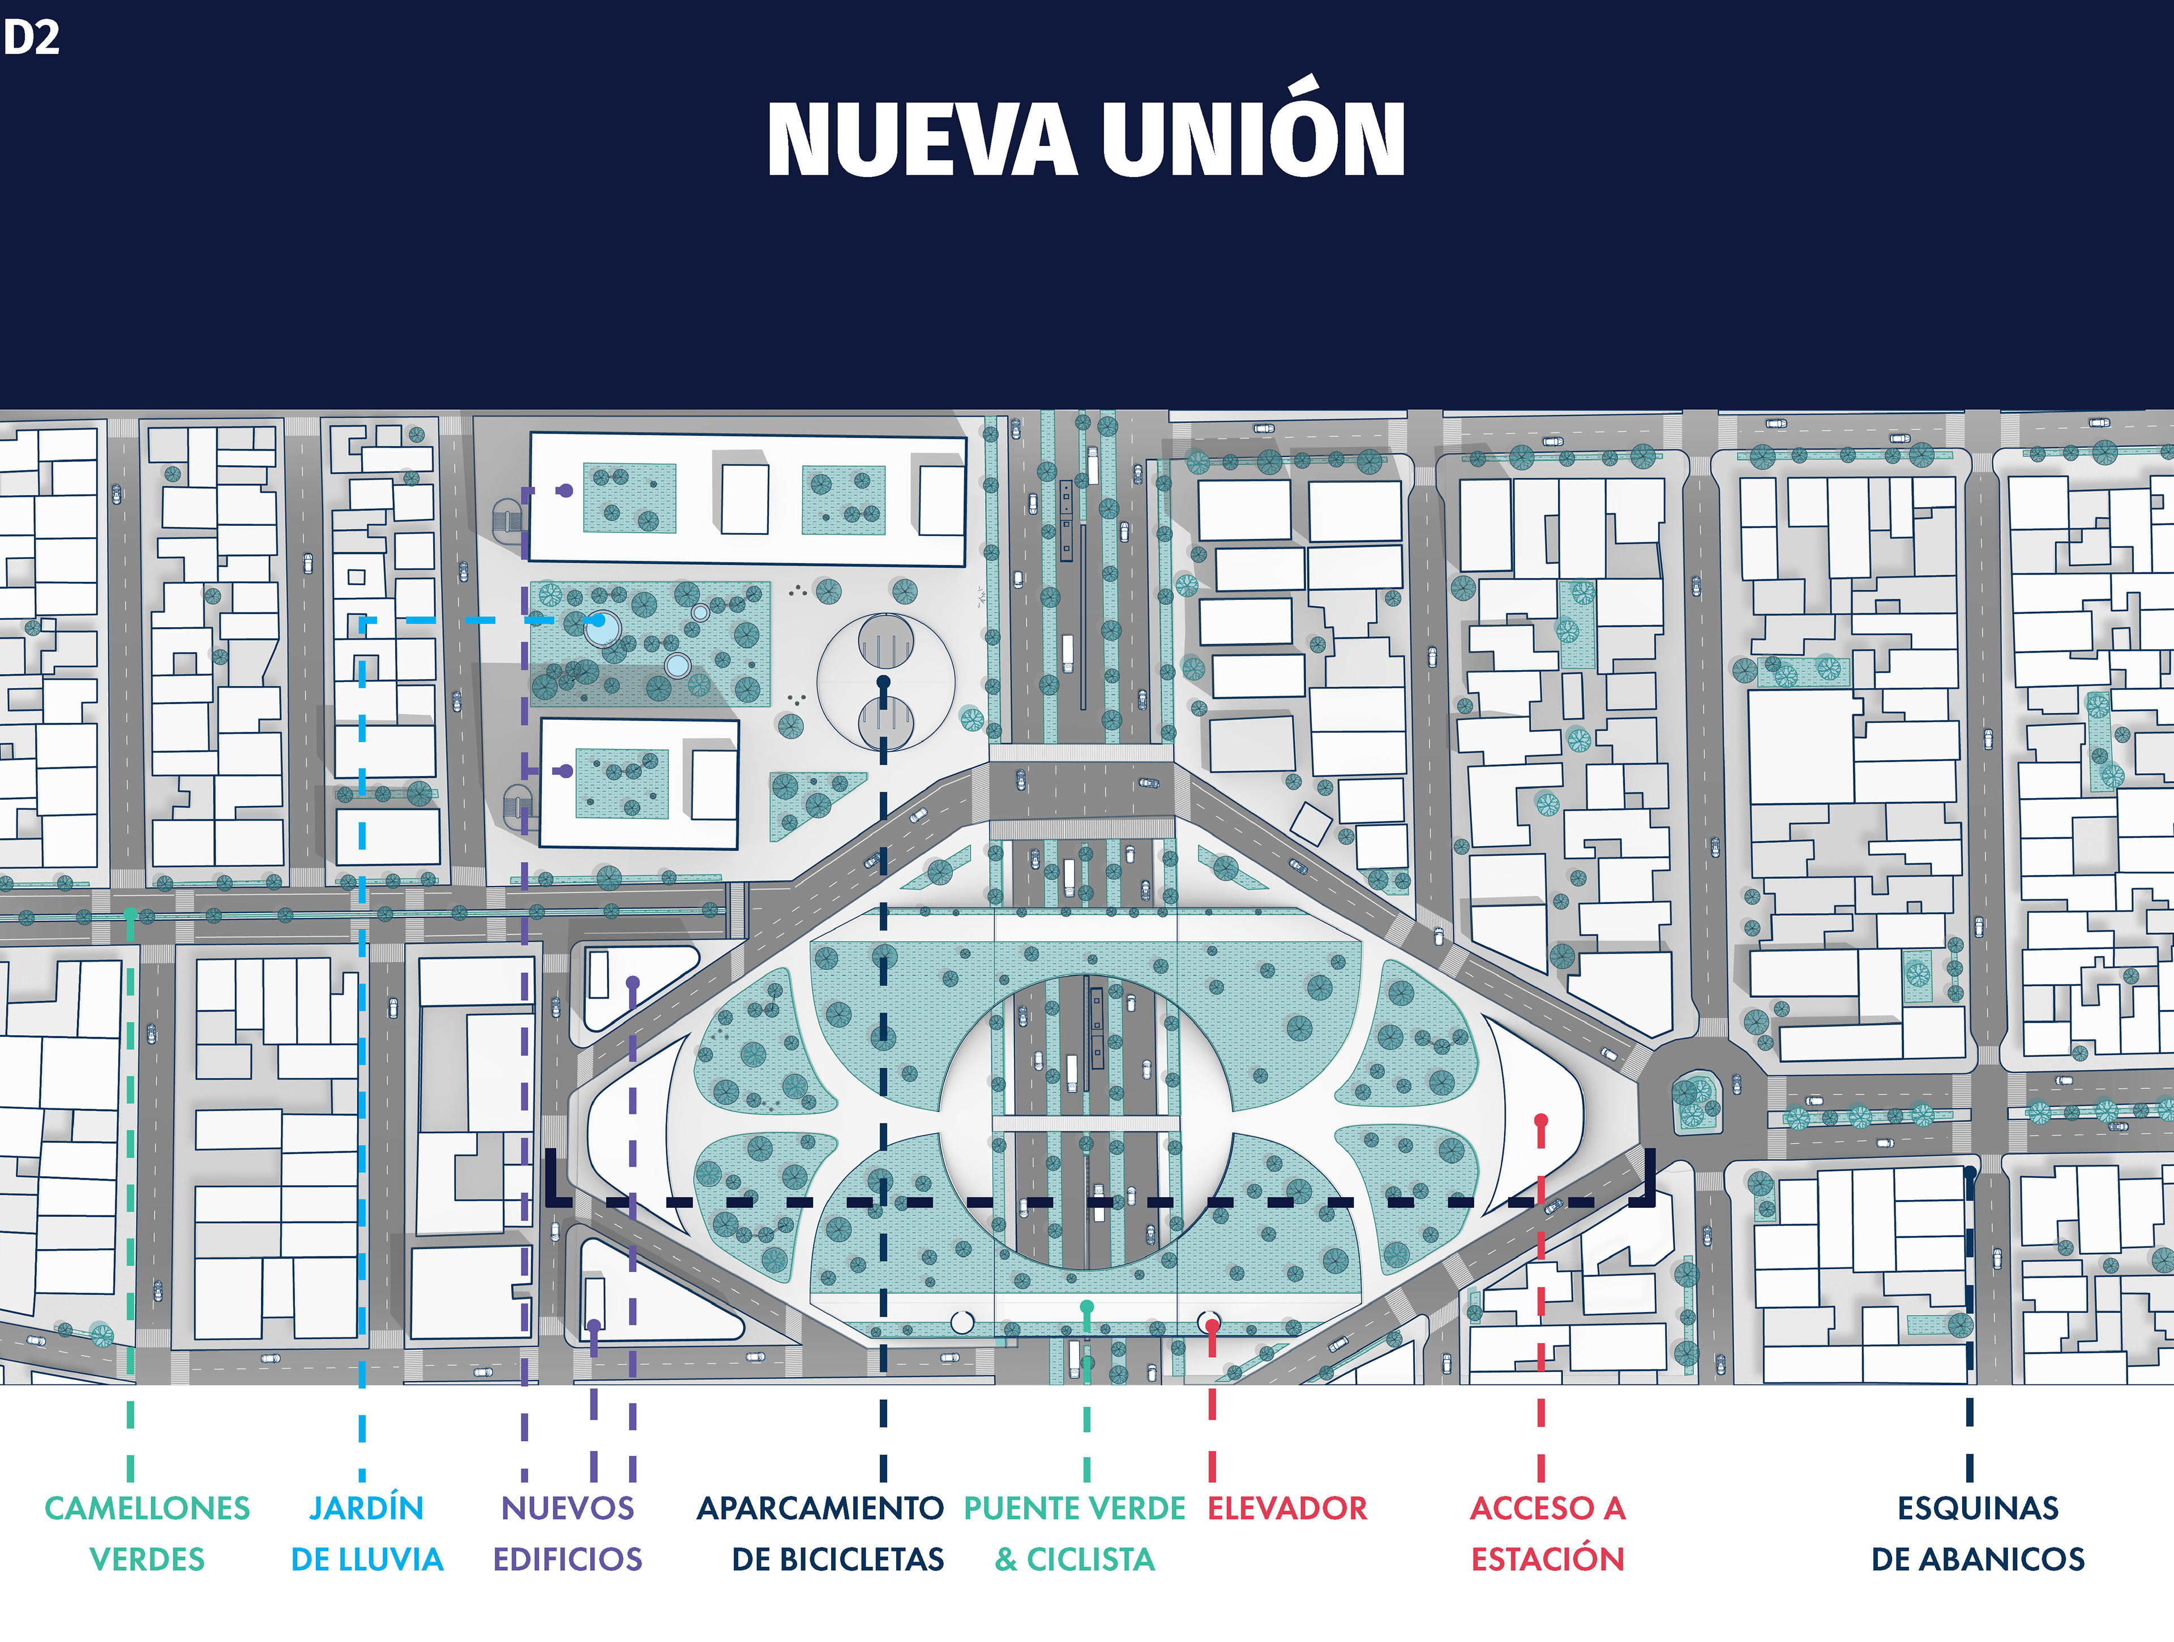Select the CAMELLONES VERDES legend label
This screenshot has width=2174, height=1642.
[x=147, y=1533]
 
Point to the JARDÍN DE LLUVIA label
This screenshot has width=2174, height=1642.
[x=367, y=1533]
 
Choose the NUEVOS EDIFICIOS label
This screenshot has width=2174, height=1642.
[x=567, y=1533]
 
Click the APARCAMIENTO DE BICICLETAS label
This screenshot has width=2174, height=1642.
[x=821, y=1533]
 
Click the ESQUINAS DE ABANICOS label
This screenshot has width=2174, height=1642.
[x=1978, y=1533]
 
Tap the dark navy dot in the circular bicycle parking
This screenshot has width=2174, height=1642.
[x=884, y=681]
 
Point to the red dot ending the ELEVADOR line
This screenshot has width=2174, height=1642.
[x=1212, y=1326]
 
